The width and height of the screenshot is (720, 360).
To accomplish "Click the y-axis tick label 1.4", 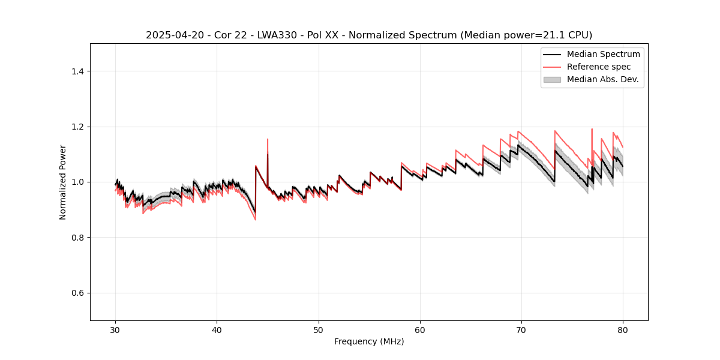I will [x=77, y=71].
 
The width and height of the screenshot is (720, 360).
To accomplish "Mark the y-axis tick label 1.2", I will [x=77, y=127].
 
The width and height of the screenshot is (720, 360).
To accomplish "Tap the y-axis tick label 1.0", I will [x=77, y=182].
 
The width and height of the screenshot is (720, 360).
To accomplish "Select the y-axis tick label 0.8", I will [x=77, y=238].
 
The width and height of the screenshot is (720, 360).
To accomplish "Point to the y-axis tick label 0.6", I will [x=77, y=293].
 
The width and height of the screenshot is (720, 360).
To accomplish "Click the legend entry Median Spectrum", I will [x=603, y=54].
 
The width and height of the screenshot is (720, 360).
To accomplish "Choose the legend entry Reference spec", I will [x=599, y=67].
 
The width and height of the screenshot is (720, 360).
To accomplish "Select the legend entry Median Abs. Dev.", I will [x=603, y=79].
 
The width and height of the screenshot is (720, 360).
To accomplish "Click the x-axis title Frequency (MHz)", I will [x=369, y=341].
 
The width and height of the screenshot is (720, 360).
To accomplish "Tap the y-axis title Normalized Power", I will [x=63, y=182].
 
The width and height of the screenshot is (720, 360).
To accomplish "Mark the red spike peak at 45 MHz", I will [x=268, y=139].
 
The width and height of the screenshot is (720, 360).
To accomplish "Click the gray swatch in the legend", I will [x=552, y=79].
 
